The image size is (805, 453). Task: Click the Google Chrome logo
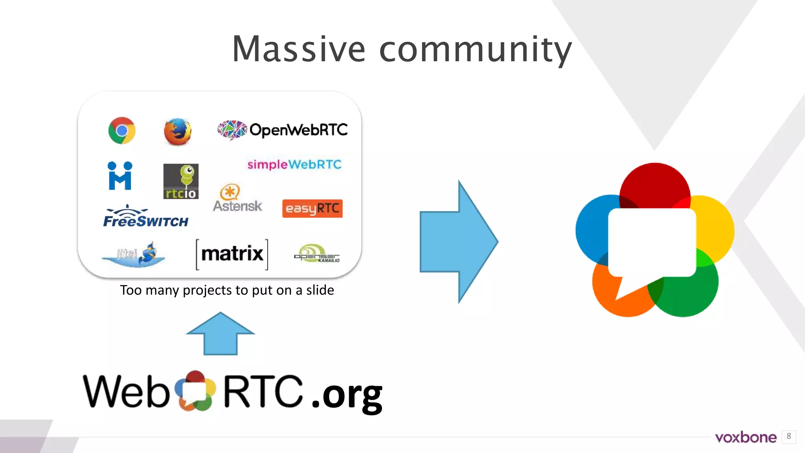122,131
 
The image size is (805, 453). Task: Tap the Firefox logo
177,131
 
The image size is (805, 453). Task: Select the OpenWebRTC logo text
298,130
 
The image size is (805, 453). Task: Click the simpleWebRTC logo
294,164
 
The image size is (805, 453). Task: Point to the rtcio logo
181,181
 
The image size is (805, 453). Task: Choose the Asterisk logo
237,199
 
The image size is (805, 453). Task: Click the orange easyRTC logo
312,208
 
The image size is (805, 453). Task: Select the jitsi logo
134,254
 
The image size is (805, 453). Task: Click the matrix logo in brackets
232,254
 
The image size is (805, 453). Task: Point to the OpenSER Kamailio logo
317,254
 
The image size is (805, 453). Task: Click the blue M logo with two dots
120,176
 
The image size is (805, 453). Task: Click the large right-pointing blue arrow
458,242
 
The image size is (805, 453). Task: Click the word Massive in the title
299,49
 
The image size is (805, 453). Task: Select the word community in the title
476,50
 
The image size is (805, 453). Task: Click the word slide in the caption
320,290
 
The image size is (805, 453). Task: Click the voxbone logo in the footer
746,437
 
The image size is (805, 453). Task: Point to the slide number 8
788,436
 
